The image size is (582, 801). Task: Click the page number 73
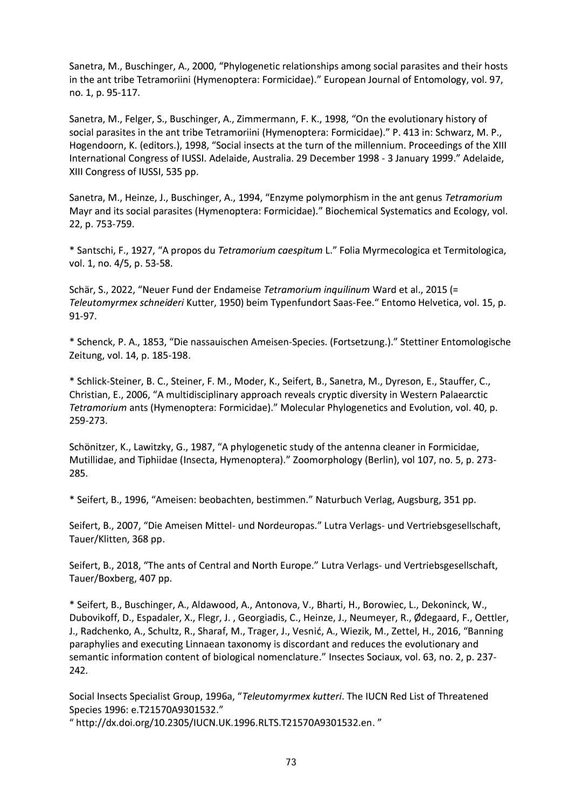click(x=291, y=762)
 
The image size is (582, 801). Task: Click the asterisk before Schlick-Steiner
click(x=72, y=381)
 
